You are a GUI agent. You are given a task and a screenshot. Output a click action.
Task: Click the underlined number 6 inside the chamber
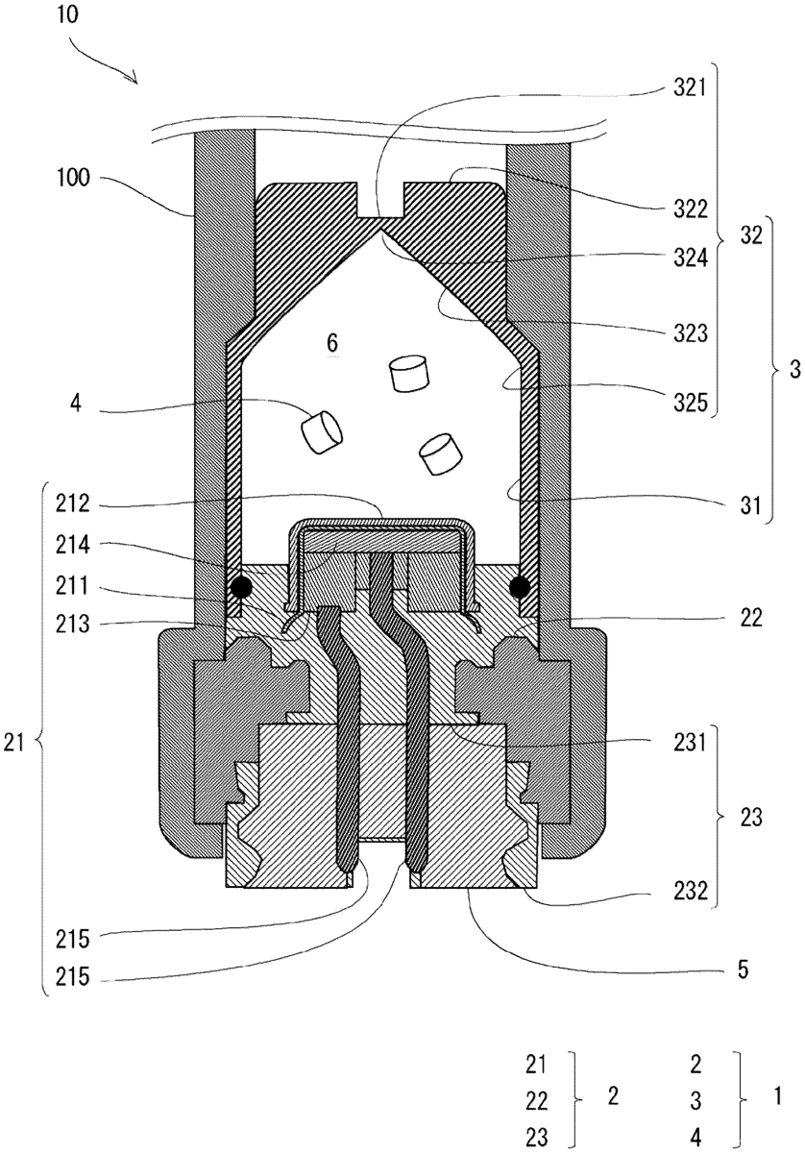(x=332, y=343)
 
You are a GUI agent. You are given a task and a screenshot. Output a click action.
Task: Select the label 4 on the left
(x=76, y=404)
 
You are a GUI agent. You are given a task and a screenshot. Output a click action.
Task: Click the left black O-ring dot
(x=241, y=586)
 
